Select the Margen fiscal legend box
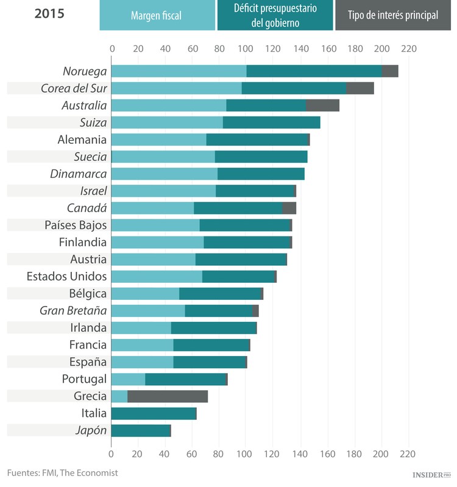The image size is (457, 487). tap(157, 15)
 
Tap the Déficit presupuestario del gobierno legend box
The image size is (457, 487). tap(275, 15)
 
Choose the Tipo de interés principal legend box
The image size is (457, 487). tap(393, 15)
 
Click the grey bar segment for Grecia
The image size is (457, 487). tap(168, 396)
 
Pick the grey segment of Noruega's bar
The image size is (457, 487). tap(390, 71)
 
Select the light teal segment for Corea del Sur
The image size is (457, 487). tap(177, 88)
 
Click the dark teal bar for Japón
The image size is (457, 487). tap(141, 431)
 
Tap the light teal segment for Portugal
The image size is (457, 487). tap(128, 379)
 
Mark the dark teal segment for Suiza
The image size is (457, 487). tap(271, 123)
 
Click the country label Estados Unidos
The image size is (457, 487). tap(66, 276)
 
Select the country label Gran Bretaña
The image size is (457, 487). tap(73, 311)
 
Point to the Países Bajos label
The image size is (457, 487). tap(76, 225)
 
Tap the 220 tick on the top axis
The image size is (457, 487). tap(408, 49)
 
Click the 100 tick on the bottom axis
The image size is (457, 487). tap(246, 454)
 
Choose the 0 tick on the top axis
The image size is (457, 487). tap(112, 49)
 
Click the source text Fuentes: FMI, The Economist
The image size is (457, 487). tap(62, 472)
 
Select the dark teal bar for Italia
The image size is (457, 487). tap(154, 414)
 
